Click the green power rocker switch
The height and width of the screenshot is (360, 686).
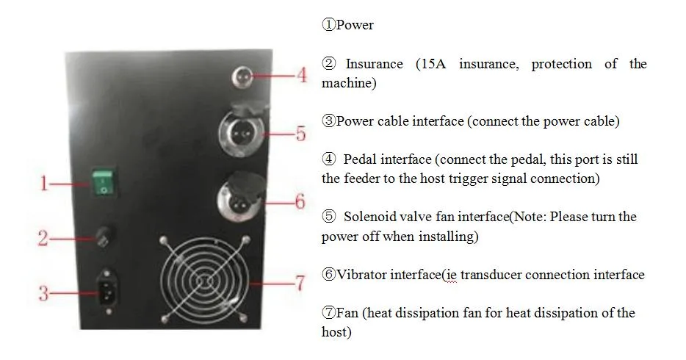[x=104, y=182]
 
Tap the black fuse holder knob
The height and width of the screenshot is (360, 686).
[x=106, y=237]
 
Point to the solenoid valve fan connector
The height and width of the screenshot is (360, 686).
[x=242, y=129]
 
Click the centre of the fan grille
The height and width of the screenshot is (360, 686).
[x=205, y=281]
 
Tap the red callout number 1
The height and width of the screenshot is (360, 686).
[x=44, y=183]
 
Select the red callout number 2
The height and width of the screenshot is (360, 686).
[x=43, y=238]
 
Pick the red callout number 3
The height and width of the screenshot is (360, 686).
[x=43, y=293]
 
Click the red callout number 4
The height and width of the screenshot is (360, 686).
[x=302, y=75]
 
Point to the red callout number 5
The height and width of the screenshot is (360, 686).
[x=301, y=134]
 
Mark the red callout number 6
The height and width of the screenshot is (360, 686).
[x=300, y=201]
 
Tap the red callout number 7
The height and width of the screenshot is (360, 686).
[x=300, y=283]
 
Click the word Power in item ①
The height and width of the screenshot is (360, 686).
[x=355, y=25]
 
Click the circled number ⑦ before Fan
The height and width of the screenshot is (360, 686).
[x=328, y=313]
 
